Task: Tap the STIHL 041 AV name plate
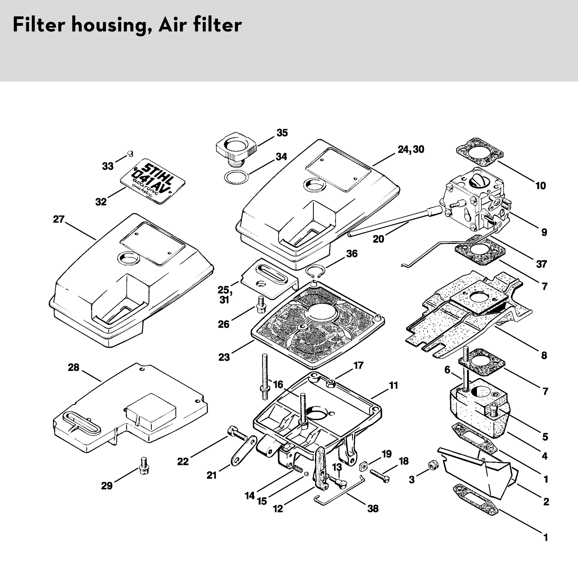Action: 152,181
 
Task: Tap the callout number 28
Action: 73,368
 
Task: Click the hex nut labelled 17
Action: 331,383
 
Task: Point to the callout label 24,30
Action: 411,149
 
